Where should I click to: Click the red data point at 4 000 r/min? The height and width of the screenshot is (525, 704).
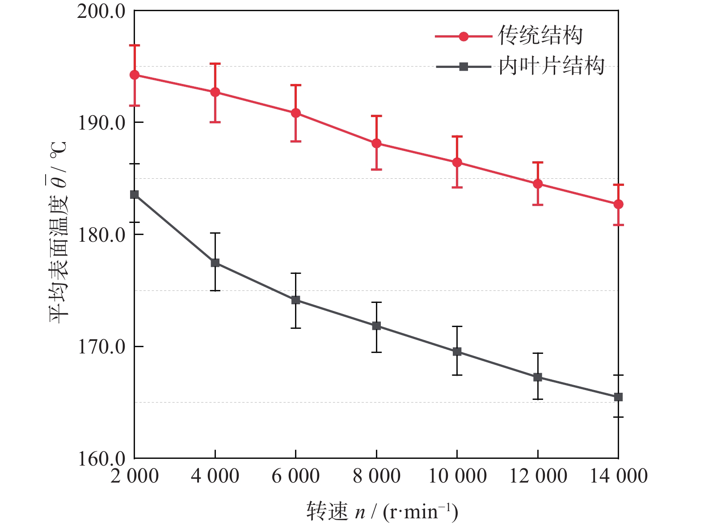click(x=215, y=92)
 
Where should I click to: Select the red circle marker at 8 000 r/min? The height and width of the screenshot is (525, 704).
click(x=376, y=143)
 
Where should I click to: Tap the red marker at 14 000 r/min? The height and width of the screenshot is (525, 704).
click(x=618, y=204)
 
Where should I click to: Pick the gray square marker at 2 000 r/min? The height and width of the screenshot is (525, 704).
click(x=135, y=194)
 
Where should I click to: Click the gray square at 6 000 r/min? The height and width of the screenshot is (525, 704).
click(x=295, y=300)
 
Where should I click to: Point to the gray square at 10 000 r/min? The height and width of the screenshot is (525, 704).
click(x=457, y=352)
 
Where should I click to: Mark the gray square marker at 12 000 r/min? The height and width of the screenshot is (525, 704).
click(x=538, y=377)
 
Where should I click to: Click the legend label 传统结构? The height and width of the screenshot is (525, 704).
click(x=540, y=36)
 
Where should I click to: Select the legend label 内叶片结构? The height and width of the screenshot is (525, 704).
click(x=551, y=66)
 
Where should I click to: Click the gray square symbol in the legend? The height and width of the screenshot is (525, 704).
click(x=464, y=67)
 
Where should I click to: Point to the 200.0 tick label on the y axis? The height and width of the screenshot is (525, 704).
click(x=101, y=12)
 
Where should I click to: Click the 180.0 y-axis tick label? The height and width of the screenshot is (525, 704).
click(x=101, y=235)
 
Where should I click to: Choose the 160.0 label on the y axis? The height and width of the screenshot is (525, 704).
click(x=101, y=459)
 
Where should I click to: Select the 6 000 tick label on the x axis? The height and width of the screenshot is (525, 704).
click(x=295, y=476)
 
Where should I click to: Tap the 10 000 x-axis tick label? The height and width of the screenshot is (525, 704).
click(x=457, y=476)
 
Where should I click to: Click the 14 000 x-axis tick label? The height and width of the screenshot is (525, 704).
click(x=619, y=476)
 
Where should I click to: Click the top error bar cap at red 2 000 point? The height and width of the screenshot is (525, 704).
click(x=135, y=45)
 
